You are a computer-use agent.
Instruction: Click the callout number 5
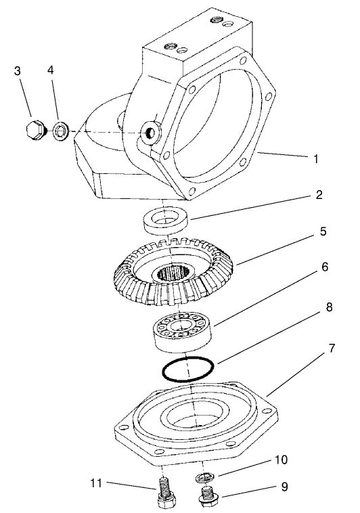click(323, 231)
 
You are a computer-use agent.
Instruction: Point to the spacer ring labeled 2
click(165, 220)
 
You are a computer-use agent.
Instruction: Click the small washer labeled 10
click(204, 478)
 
